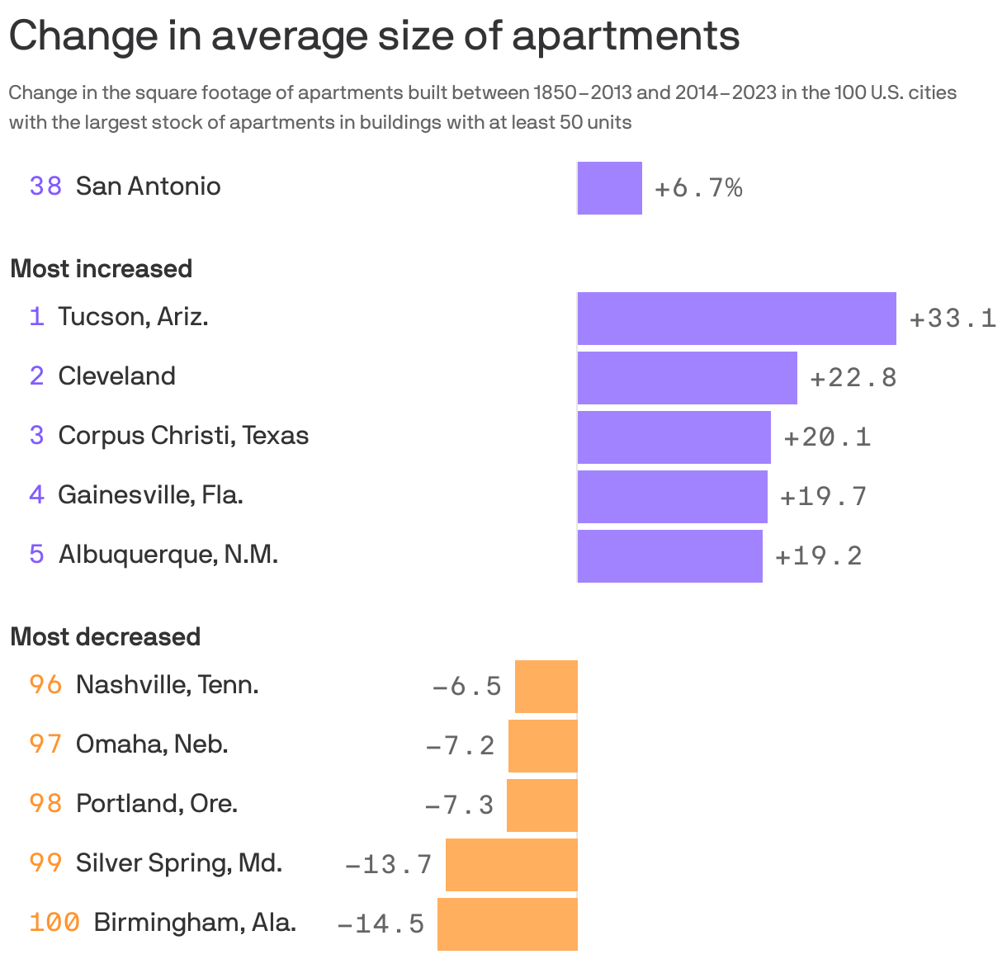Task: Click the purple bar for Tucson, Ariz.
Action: pyautogui.click(x=736, y=318)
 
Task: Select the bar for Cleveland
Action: pyautogui.click(x=687, y=377)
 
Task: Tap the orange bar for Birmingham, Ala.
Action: pyautogui.click(x=507, y=924)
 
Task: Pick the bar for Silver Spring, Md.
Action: pyautogui.click(x=511, y=864)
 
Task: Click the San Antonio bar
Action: pyautogui.click(x=609, y=188)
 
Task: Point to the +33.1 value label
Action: pyautogui.click(x=953, y=319)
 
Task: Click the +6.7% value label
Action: pyautogui.click(x=698, y=188)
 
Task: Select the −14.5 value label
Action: pyautogui.click(x=381, y=924)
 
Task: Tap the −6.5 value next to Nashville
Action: pyautogui.click(x=466, y=686)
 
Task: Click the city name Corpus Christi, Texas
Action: pyautogui.click(x=183, y=435)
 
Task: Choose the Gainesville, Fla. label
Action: pyautogui.click(x=150, y=494)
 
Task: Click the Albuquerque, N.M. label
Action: pyautogui.click(x=168, y=554)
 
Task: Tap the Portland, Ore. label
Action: pyautogui.click(x=157, y=803)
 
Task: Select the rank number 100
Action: pyautogui.click(x=54, y=922)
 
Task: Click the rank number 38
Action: pyautogui.click(x=45, y=187)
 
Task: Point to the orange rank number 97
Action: pyautogui.click(x=45, y=744)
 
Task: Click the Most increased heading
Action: pyautogui.click(x=101, y=269)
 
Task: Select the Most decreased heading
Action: pyautogui.click(x=105, y=637)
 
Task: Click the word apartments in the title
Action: pyautogui.click(x=625, y=36)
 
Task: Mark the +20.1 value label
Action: pyautogui.click(x=827, y=437)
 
